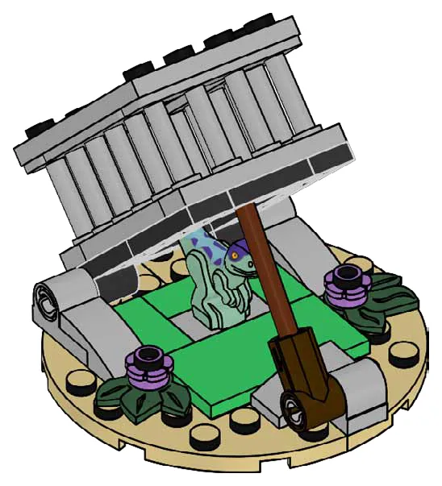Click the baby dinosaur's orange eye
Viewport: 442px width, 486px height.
pos(236,255)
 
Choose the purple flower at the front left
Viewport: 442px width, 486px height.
pos(149,363)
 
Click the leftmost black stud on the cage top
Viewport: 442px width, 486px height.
pos(39,127)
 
